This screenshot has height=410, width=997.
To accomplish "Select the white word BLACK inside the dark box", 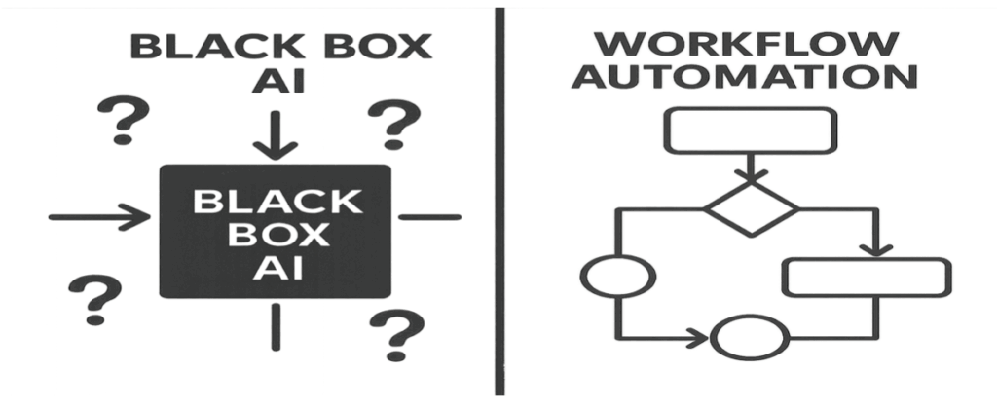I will [276, 202].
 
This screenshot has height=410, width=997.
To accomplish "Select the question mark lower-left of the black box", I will [94, 298].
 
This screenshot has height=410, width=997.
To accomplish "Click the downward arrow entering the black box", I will [276, 136].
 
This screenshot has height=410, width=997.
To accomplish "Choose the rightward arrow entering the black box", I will [97, 216].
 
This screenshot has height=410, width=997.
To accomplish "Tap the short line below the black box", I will [276, 326].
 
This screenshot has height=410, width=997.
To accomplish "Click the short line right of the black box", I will [429, 216].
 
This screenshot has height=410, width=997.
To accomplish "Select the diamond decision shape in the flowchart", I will [750, 206].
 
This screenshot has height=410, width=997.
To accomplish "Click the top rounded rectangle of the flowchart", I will [749, 130].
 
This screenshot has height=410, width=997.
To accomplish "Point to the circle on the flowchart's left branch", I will [617, 276].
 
